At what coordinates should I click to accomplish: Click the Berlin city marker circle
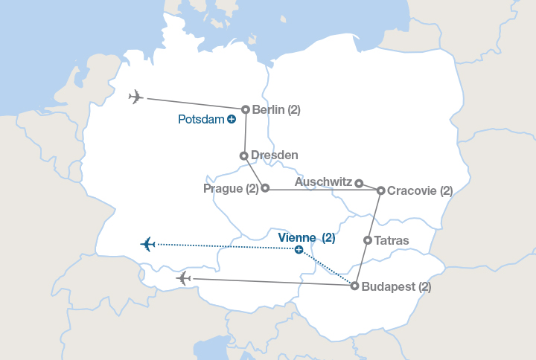(246, 109)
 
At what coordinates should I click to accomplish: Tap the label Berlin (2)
(276, 110)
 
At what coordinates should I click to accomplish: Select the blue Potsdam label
(201, 119)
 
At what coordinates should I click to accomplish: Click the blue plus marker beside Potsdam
(232, 119)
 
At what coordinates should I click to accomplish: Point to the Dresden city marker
(243, 155)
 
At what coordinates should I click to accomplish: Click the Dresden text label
(275, 155)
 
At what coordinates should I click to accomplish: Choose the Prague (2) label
(231, 189)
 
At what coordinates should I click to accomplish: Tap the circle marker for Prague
(265, 188)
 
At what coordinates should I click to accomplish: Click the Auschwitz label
(324, 181)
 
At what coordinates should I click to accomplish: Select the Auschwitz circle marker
(359, 183)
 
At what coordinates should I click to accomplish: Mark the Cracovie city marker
(380, 190)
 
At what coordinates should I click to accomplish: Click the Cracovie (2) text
(421, 190)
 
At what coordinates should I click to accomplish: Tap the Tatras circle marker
(368, 240)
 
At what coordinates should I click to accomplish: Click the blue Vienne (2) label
(306, 238)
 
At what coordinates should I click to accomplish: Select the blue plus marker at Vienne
(299, 250)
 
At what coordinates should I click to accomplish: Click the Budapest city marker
(354, 286)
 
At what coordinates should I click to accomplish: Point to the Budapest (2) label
(396, 286)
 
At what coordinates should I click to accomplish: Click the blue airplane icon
(147, 244)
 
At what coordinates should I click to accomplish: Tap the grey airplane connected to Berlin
(135, 97)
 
